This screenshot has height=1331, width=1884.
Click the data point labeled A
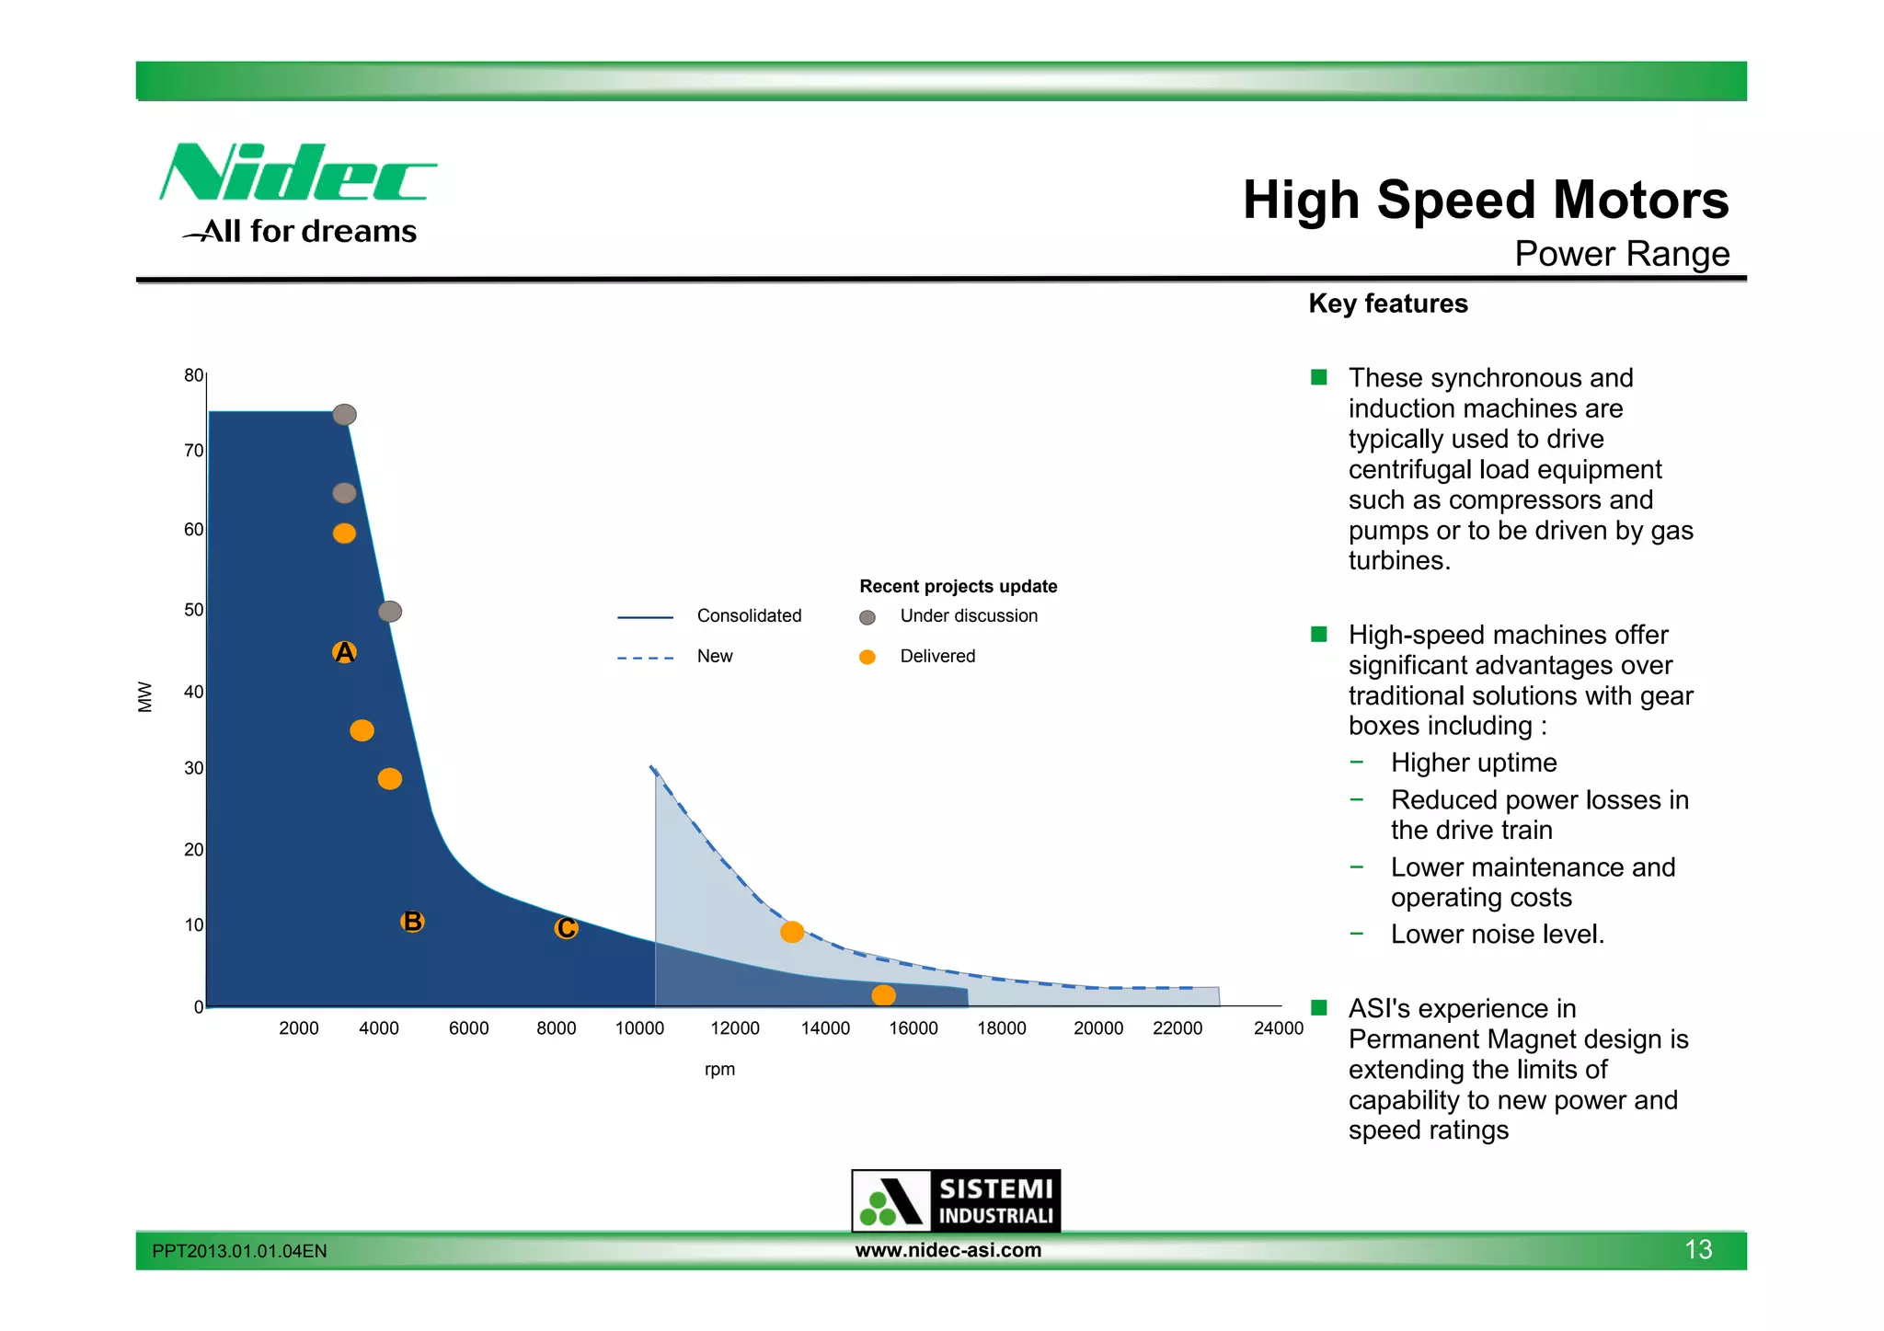(344, 652)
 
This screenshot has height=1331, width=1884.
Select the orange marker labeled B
(412, 921)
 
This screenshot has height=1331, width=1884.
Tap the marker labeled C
(566, 928)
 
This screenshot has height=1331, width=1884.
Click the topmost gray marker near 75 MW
(344, 415)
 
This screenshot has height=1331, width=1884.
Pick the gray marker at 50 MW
(390, 612)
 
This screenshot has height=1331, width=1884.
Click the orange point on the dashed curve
(792, 932)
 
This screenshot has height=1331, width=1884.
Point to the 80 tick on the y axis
(193, 375)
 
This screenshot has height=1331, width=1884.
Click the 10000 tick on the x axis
(639, 1028)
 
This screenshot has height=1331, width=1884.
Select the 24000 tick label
(1278, 1028)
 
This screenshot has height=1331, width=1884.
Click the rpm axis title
(719, 1069)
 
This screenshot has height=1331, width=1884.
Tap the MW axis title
(144, 696)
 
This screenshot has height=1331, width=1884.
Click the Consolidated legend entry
(749, 615)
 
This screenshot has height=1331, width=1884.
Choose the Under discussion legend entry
(968, 615)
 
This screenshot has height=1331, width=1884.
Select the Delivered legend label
(937, 656)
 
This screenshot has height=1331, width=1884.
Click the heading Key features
(1387, 304)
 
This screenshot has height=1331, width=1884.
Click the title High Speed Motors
(1485, 200)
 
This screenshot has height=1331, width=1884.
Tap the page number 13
(1697, 1249)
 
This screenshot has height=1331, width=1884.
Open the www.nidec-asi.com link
(948, 1250)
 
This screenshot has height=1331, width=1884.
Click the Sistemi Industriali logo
(956, 1200)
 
